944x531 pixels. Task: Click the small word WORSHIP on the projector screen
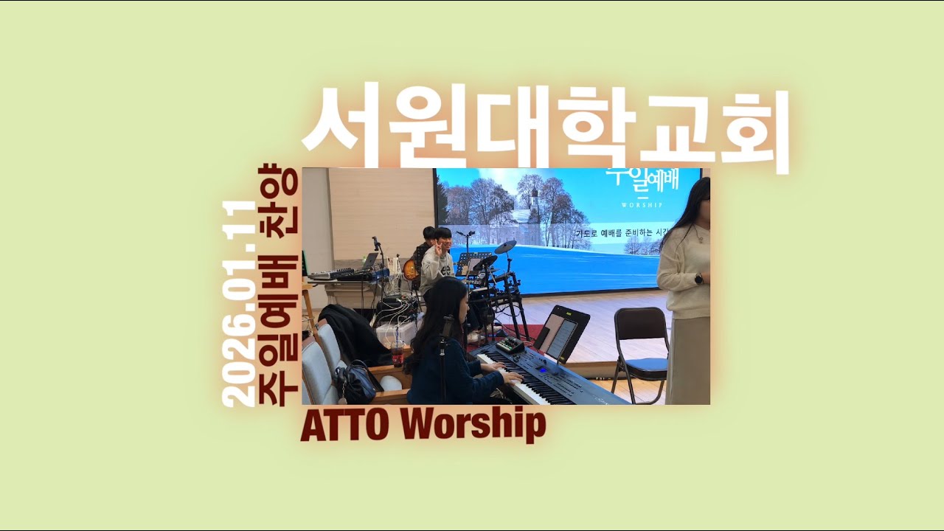(642, 204)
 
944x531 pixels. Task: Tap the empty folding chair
(639, 344)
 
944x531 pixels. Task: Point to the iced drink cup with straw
(398, 351)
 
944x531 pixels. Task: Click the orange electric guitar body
(410, 269)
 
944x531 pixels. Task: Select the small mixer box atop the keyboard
(509, 345)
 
